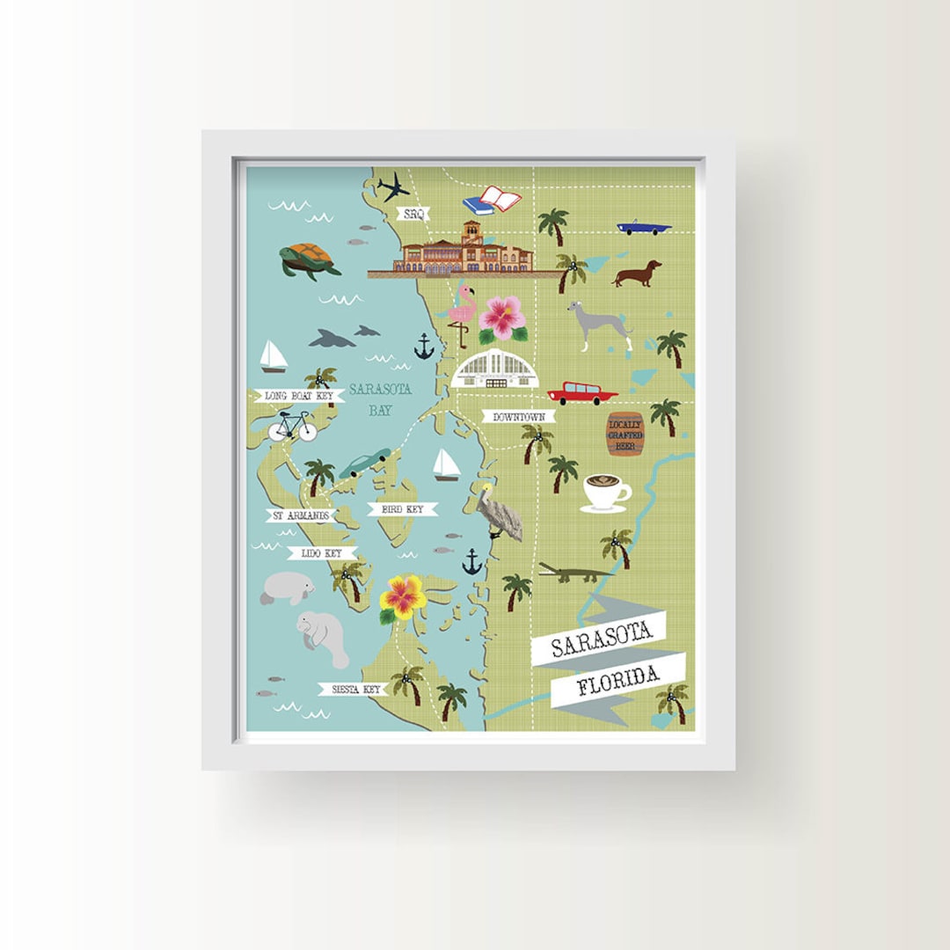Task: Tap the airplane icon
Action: pos(393,186)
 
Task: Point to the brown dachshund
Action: pos(637,274)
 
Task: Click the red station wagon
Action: pos(581,393)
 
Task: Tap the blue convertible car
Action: pos(643,227)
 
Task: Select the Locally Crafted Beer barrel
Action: pos(625,434)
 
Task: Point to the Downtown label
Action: pos(519,416)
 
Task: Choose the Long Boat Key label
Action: pos(299,396)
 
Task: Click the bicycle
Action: pos(292,427)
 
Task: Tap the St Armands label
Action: pos(301,515)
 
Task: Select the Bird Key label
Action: pos(402,509)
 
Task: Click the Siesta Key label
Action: pos(353,690)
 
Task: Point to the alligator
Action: pos(574,574)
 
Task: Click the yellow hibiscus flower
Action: pos(403,598)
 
